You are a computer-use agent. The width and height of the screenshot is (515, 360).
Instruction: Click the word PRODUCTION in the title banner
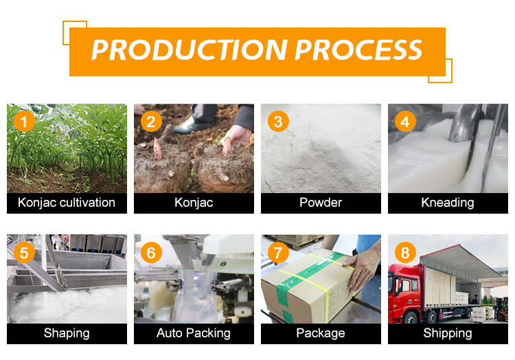190,50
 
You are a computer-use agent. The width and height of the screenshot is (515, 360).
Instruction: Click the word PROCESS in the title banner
358,50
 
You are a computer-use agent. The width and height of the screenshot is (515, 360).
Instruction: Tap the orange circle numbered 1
24,122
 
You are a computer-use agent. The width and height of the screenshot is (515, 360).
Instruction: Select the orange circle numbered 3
278,122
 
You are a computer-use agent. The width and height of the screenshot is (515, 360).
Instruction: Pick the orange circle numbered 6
151,253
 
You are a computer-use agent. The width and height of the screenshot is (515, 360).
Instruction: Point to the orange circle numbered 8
405,253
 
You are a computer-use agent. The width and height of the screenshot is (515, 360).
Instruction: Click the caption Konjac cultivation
67,203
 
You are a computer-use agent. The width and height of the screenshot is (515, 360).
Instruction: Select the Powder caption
321,203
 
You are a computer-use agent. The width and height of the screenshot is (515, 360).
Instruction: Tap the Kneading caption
448,203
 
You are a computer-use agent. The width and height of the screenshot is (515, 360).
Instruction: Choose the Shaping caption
67,333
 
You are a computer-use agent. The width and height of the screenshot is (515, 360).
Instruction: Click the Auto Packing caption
194,333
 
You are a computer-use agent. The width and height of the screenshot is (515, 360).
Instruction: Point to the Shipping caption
448,333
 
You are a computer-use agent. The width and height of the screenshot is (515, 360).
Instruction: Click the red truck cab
404,293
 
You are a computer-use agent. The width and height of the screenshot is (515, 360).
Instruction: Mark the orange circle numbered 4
405,122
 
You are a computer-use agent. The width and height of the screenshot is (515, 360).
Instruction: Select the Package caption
321,333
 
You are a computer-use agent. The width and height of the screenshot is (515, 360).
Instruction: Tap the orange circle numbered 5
24,253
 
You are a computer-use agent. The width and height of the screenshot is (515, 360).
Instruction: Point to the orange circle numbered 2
151,122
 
